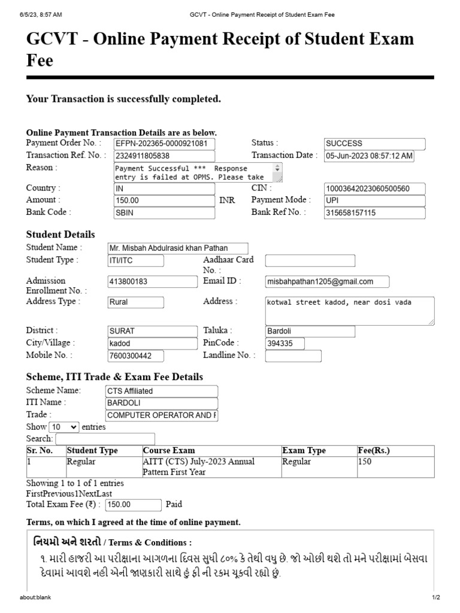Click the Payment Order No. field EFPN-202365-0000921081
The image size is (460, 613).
pos(164,144)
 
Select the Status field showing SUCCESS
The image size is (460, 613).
pos(374,144)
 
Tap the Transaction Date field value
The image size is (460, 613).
pos(368,156)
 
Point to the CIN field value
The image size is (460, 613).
pos(374,189)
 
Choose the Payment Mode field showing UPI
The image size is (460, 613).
pos(374,201)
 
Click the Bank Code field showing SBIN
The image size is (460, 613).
pos(164,213)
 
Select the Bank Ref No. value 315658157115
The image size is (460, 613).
pos(374,213)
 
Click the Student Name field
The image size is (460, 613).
pos(177,248)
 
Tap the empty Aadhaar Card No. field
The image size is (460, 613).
pos(310,260)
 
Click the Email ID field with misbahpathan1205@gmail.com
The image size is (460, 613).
pos(326,281)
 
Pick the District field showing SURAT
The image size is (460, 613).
pos(152,331)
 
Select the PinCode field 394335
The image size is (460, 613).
pos(285,344)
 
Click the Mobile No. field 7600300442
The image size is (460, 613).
pos(152,356)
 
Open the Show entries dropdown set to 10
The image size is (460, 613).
pos(63,427)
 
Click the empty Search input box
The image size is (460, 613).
pos(105,439)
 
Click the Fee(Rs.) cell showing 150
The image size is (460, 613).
pos(364,462)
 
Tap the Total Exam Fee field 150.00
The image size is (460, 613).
pos(133,505)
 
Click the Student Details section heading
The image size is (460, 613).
pos(60,234)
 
